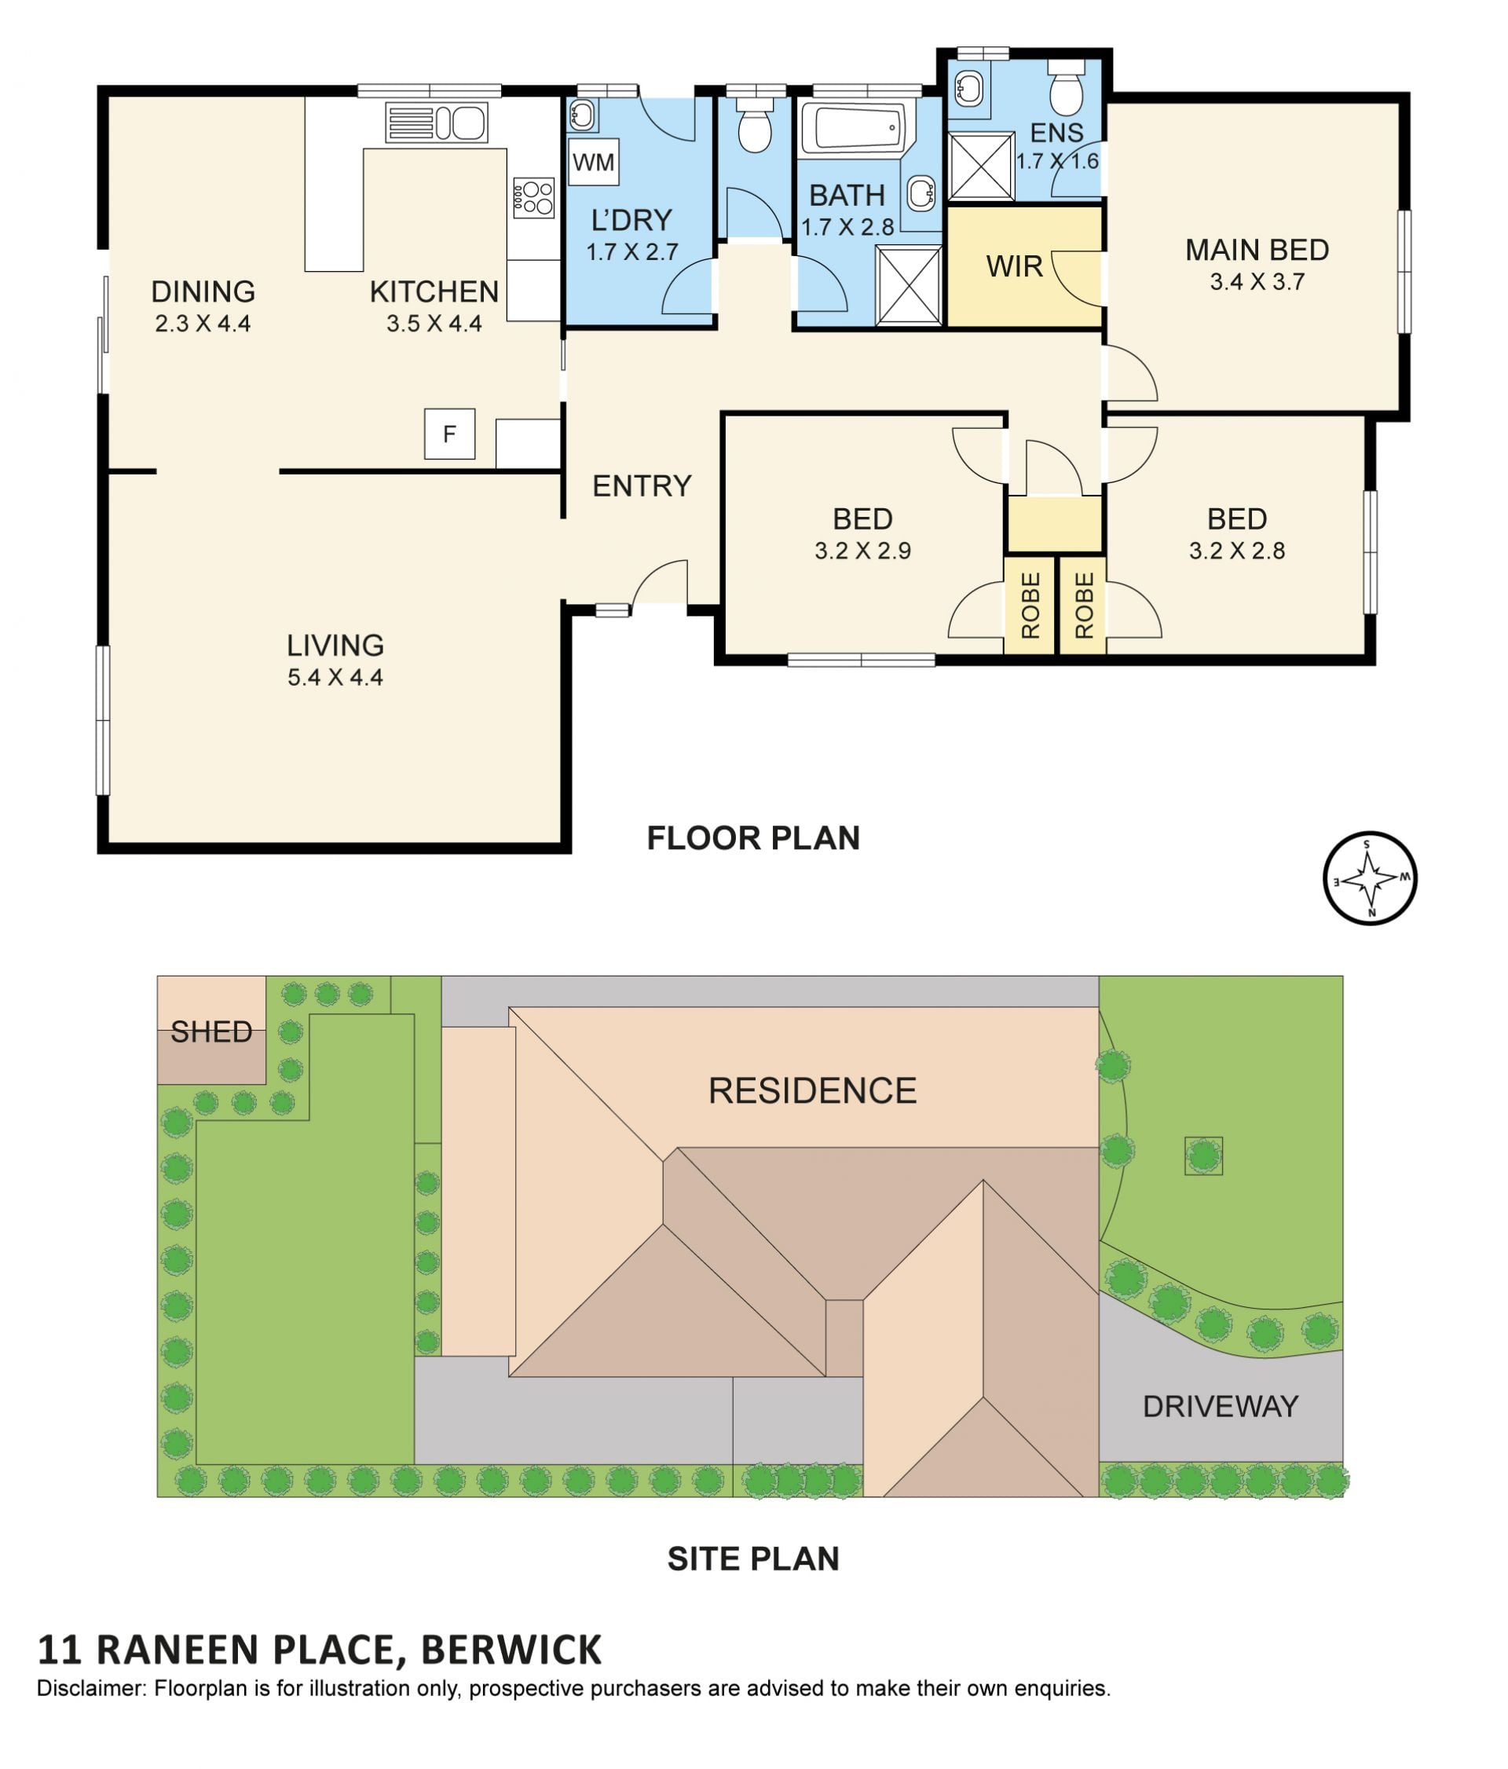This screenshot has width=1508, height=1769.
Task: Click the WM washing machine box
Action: [x=592, y=161]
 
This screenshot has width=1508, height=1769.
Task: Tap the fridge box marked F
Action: [x=449, y=434]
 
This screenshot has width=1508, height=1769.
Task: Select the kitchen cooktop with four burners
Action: [x=533, y=198]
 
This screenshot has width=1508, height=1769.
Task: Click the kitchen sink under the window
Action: [x=436, y=122]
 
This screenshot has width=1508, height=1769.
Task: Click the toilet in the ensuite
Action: [x=1065, y=87]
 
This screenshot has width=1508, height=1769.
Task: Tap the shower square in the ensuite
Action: [x=982, y=166]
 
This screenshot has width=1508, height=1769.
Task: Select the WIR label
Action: [x=1014, y=266]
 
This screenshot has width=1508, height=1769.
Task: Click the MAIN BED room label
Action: [x=1256, y=250]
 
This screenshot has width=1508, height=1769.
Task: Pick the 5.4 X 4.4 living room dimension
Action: [x=335, y=678]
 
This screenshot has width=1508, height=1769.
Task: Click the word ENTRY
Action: [x=641, y=485]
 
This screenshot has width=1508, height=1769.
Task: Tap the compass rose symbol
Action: [x=1370, y=878]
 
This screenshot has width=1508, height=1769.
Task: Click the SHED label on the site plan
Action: [x=210, y=1032]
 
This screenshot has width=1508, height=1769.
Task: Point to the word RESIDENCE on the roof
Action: [x=811, y=1091]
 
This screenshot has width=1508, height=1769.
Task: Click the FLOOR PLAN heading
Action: [x=752, y=838]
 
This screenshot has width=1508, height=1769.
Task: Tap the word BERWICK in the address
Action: [x=511, y=1650]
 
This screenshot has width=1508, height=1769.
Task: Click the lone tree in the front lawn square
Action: [x=1202, y=1156]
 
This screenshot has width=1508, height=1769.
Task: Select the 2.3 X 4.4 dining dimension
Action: [x=203, y=324]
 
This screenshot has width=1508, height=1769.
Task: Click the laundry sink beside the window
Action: [x=582, y=115]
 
